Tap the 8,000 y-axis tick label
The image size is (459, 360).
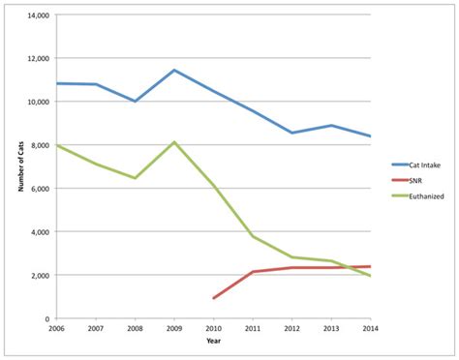coord(39,145)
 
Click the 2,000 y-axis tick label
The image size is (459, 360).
coord(39,275)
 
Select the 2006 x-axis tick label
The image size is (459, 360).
coord(56,329)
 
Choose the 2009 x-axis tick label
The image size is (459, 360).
coord(174,329)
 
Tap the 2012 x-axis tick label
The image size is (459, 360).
coord(291,329)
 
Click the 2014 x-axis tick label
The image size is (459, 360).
coord(369,329)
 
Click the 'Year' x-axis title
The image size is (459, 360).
coord(213,341)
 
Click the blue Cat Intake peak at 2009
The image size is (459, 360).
coord(174,70)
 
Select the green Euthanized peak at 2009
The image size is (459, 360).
coord(174,142)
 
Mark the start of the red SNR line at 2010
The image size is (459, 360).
coord(213,298)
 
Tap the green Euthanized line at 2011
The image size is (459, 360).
coord(253,236)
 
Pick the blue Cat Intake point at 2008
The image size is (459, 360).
coord(135,101)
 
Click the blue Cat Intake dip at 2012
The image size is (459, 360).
coord(291,133)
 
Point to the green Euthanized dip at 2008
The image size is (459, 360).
coord(135,178)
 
